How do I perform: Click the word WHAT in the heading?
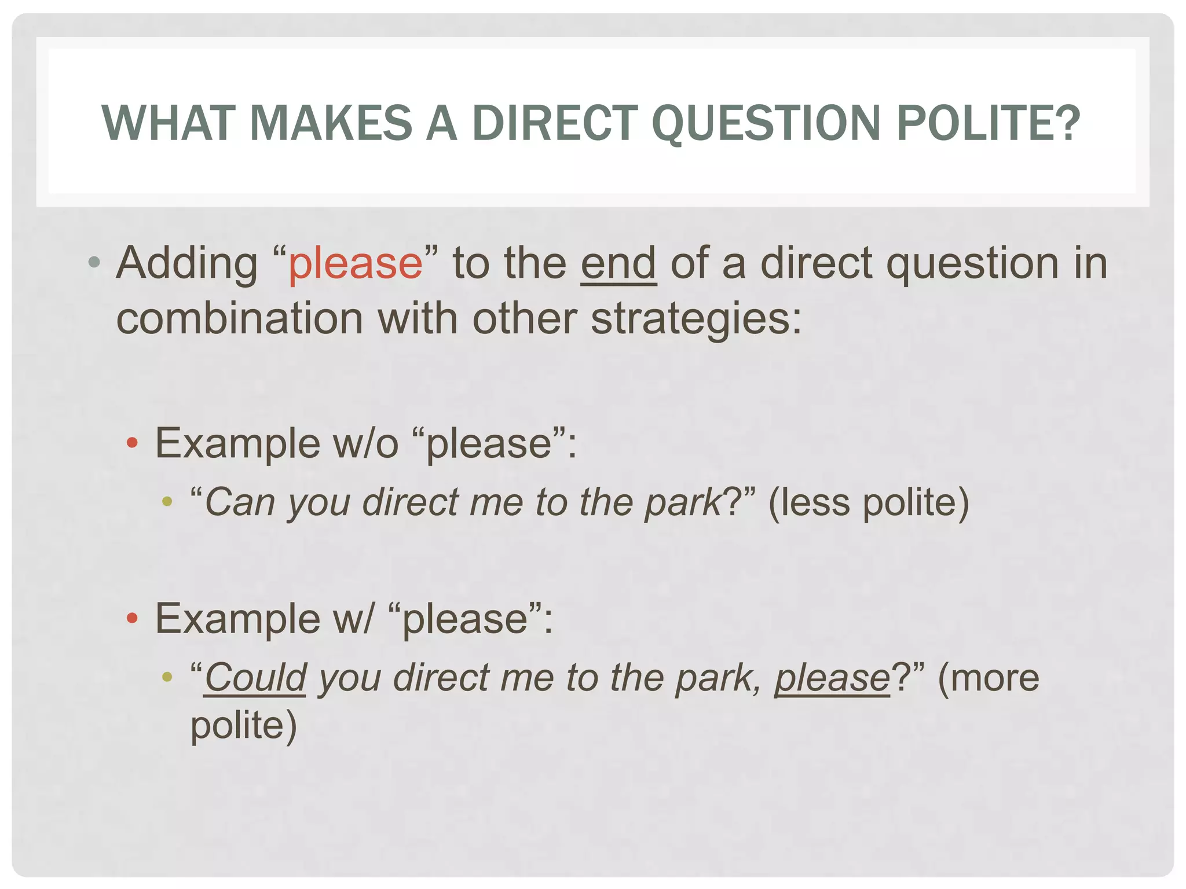click(168, 123)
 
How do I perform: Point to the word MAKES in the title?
click(331, 123)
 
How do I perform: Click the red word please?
click(356, 263)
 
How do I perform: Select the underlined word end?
click(618, 263)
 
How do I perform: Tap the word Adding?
click(186, 263)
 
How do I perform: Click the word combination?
click(240, 319)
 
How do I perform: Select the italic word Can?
click(240, 502)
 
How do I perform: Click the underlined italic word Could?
click(255, 678)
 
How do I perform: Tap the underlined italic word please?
click(832, 678)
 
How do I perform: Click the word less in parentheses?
click(814, 502)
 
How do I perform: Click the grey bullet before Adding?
click(94, 263)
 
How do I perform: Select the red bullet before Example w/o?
click(132, 444)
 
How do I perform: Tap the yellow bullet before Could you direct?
click(167, 677)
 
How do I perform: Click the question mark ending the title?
click(1068, 123)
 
